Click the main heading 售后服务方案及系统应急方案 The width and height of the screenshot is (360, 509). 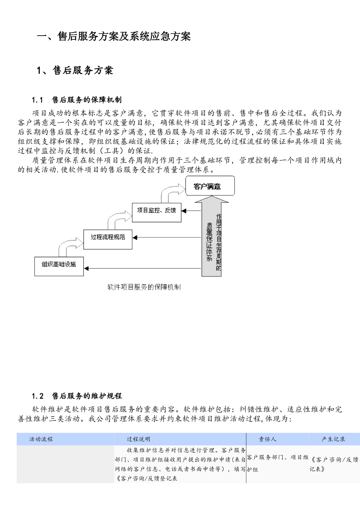coord(114,36)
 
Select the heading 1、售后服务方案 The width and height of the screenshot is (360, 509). coord(75,70)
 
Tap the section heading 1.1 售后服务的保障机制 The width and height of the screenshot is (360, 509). coord(77,100)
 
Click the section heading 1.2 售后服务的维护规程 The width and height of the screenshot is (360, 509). coord(77,396)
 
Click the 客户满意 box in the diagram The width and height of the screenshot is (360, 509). coord(210,186)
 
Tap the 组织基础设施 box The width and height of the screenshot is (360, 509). coord(59,265)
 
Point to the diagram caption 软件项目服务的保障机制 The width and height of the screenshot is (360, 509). coord(144,287)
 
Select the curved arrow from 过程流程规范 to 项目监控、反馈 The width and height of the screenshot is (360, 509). coord(119,219)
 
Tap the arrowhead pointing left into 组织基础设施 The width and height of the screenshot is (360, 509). coord(86,269)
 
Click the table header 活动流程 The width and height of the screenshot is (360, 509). coord(41,439)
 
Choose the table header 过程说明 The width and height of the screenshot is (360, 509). coord(139,439)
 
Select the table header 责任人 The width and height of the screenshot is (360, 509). coord(268,439)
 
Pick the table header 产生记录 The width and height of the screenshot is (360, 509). coord(333,439)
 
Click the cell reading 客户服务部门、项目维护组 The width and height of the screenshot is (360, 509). coord(277,463)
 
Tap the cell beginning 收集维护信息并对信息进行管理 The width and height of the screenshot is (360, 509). coord(180,464)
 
